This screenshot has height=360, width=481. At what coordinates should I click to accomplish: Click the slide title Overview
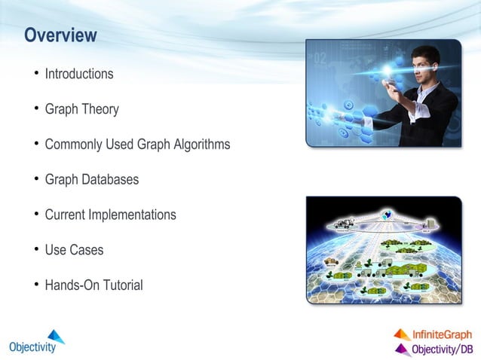[60, 35]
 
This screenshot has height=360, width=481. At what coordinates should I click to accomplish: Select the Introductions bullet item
[79, 74]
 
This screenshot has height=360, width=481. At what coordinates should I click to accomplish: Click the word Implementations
[132, 215]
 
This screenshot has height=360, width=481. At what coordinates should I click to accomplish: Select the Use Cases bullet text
[74, 250]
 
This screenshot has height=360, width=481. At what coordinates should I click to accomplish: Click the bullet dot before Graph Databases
[35, 180]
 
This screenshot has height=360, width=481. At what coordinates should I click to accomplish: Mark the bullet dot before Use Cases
[35, 250]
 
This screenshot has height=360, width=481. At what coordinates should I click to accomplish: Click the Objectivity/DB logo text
[442, 349]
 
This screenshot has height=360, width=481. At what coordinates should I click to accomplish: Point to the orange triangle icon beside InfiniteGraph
[402, 334]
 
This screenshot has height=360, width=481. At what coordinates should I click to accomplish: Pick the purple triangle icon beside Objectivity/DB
[402, 349]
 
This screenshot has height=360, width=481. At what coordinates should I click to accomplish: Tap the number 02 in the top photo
[320, 59]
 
